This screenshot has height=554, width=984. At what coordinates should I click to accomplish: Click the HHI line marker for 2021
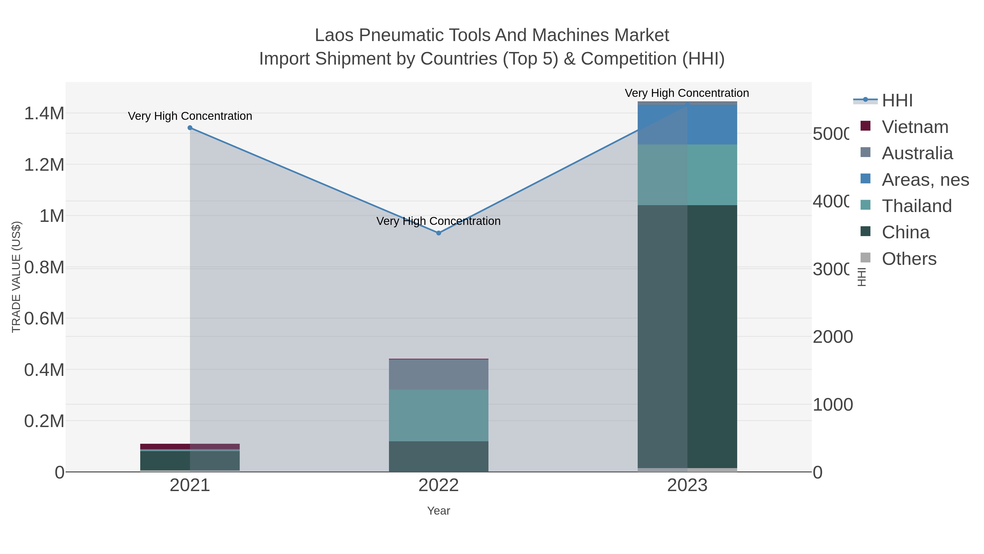click(190, 128)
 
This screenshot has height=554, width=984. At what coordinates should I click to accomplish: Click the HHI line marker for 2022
click(438, 233)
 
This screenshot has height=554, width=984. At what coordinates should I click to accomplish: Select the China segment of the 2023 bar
click(687, 337)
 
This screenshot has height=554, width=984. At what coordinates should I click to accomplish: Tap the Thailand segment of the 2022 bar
click(438, 415)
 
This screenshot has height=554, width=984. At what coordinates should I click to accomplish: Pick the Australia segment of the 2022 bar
click(438, 375)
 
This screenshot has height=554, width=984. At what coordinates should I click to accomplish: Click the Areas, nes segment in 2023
click(687, 125)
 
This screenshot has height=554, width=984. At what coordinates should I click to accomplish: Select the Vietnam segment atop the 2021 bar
click(190, 446)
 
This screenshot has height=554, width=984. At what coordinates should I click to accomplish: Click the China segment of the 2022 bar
click(438, 457)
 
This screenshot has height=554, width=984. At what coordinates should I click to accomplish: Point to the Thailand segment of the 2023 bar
click(687, 175)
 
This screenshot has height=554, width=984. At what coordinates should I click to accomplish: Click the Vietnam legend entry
click(915, 127)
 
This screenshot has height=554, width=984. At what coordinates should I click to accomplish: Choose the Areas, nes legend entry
click(925, 180)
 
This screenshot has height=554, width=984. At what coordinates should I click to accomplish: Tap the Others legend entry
click(909, 259)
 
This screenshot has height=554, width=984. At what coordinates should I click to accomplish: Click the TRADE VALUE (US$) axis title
click(16, 277)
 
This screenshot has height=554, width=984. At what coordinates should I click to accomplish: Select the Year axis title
click(438, 511)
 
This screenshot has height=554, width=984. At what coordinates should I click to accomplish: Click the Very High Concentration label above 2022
click(438, 221)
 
